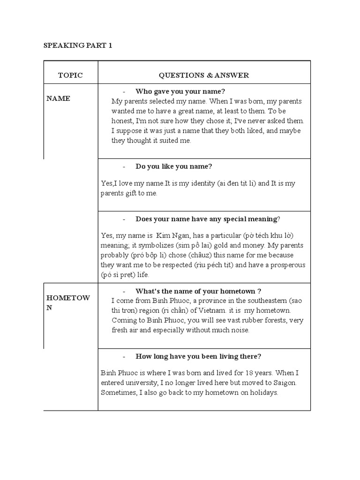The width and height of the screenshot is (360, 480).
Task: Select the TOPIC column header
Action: (70, 75)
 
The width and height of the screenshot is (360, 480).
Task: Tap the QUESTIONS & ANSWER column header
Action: (204, 75)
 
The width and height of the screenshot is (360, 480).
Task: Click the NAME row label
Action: (58, 98)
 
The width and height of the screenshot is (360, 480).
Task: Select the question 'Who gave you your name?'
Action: (177, 91)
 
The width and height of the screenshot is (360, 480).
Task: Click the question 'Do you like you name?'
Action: (174, 166)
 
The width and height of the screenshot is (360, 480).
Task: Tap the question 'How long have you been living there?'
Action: (198, 356)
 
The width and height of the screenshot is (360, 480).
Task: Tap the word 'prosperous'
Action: (285, 265)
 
